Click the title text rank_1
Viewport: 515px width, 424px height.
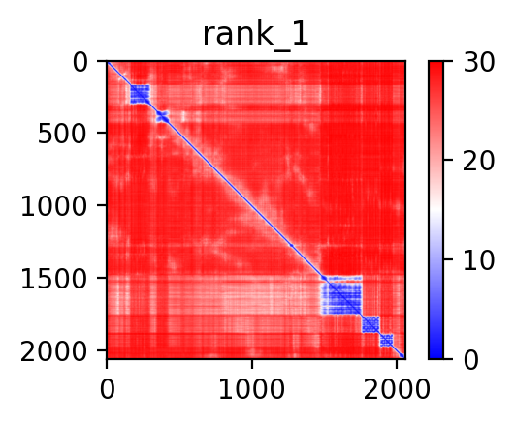256,35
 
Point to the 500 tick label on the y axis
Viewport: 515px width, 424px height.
62,134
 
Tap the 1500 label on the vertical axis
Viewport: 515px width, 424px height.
53,279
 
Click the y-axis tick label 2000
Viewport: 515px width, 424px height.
53,351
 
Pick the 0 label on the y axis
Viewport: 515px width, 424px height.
80,62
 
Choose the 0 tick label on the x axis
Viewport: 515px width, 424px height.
107,389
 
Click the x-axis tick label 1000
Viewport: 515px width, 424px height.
251,389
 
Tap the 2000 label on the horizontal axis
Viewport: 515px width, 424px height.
397,389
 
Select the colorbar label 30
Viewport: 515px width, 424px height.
478,62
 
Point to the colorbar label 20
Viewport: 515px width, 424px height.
478,161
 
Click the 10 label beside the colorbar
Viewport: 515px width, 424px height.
478,260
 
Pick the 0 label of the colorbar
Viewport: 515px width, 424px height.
470,360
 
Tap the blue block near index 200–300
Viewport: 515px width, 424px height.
140,94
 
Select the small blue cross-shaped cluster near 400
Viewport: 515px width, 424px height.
163,116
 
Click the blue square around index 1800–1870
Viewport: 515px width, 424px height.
370,324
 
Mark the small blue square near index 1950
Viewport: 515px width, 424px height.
387,340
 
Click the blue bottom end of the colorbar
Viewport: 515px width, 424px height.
435,353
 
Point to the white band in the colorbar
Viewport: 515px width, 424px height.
435,210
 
